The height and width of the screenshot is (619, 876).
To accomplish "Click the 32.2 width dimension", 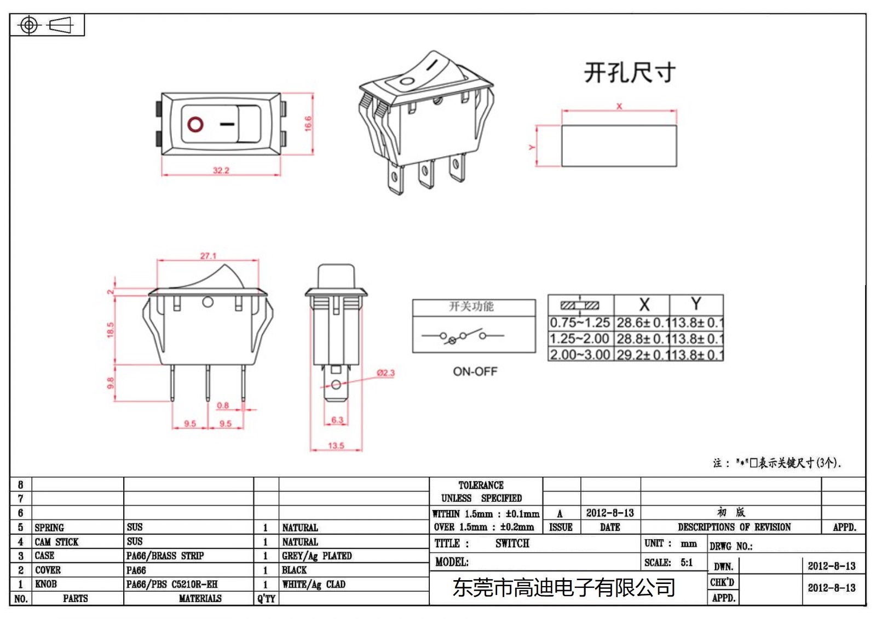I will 221,170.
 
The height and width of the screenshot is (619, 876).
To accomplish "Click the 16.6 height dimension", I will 308,123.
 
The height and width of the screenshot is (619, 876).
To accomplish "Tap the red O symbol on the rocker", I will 195,124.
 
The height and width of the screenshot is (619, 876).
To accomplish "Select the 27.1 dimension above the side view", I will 208,256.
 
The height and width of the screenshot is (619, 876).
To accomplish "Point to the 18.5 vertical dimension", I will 111,329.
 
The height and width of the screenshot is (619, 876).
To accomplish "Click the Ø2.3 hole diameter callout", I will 385,373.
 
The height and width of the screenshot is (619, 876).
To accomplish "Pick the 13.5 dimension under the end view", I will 336,446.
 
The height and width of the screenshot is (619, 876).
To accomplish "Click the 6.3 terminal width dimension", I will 337,420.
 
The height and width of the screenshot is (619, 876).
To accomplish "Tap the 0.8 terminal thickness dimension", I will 223,406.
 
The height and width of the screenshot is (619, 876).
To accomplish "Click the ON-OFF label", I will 475,372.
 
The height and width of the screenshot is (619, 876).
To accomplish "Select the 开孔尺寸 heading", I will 630,73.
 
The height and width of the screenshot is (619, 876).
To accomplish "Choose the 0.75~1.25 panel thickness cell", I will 580,323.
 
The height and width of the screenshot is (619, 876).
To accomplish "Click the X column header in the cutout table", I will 644,304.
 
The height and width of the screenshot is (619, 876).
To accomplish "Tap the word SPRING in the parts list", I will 49,528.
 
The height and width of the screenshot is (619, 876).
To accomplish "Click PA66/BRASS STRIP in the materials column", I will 165,556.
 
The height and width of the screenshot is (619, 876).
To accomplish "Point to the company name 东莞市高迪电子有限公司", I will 563,588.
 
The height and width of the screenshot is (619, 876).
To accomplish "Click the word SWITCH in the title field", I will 512,543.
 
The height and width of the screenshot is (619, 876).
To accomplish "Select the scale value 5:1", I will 687,562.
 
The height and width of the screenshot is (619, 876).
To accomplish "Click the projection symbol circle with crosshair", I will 29,25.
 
